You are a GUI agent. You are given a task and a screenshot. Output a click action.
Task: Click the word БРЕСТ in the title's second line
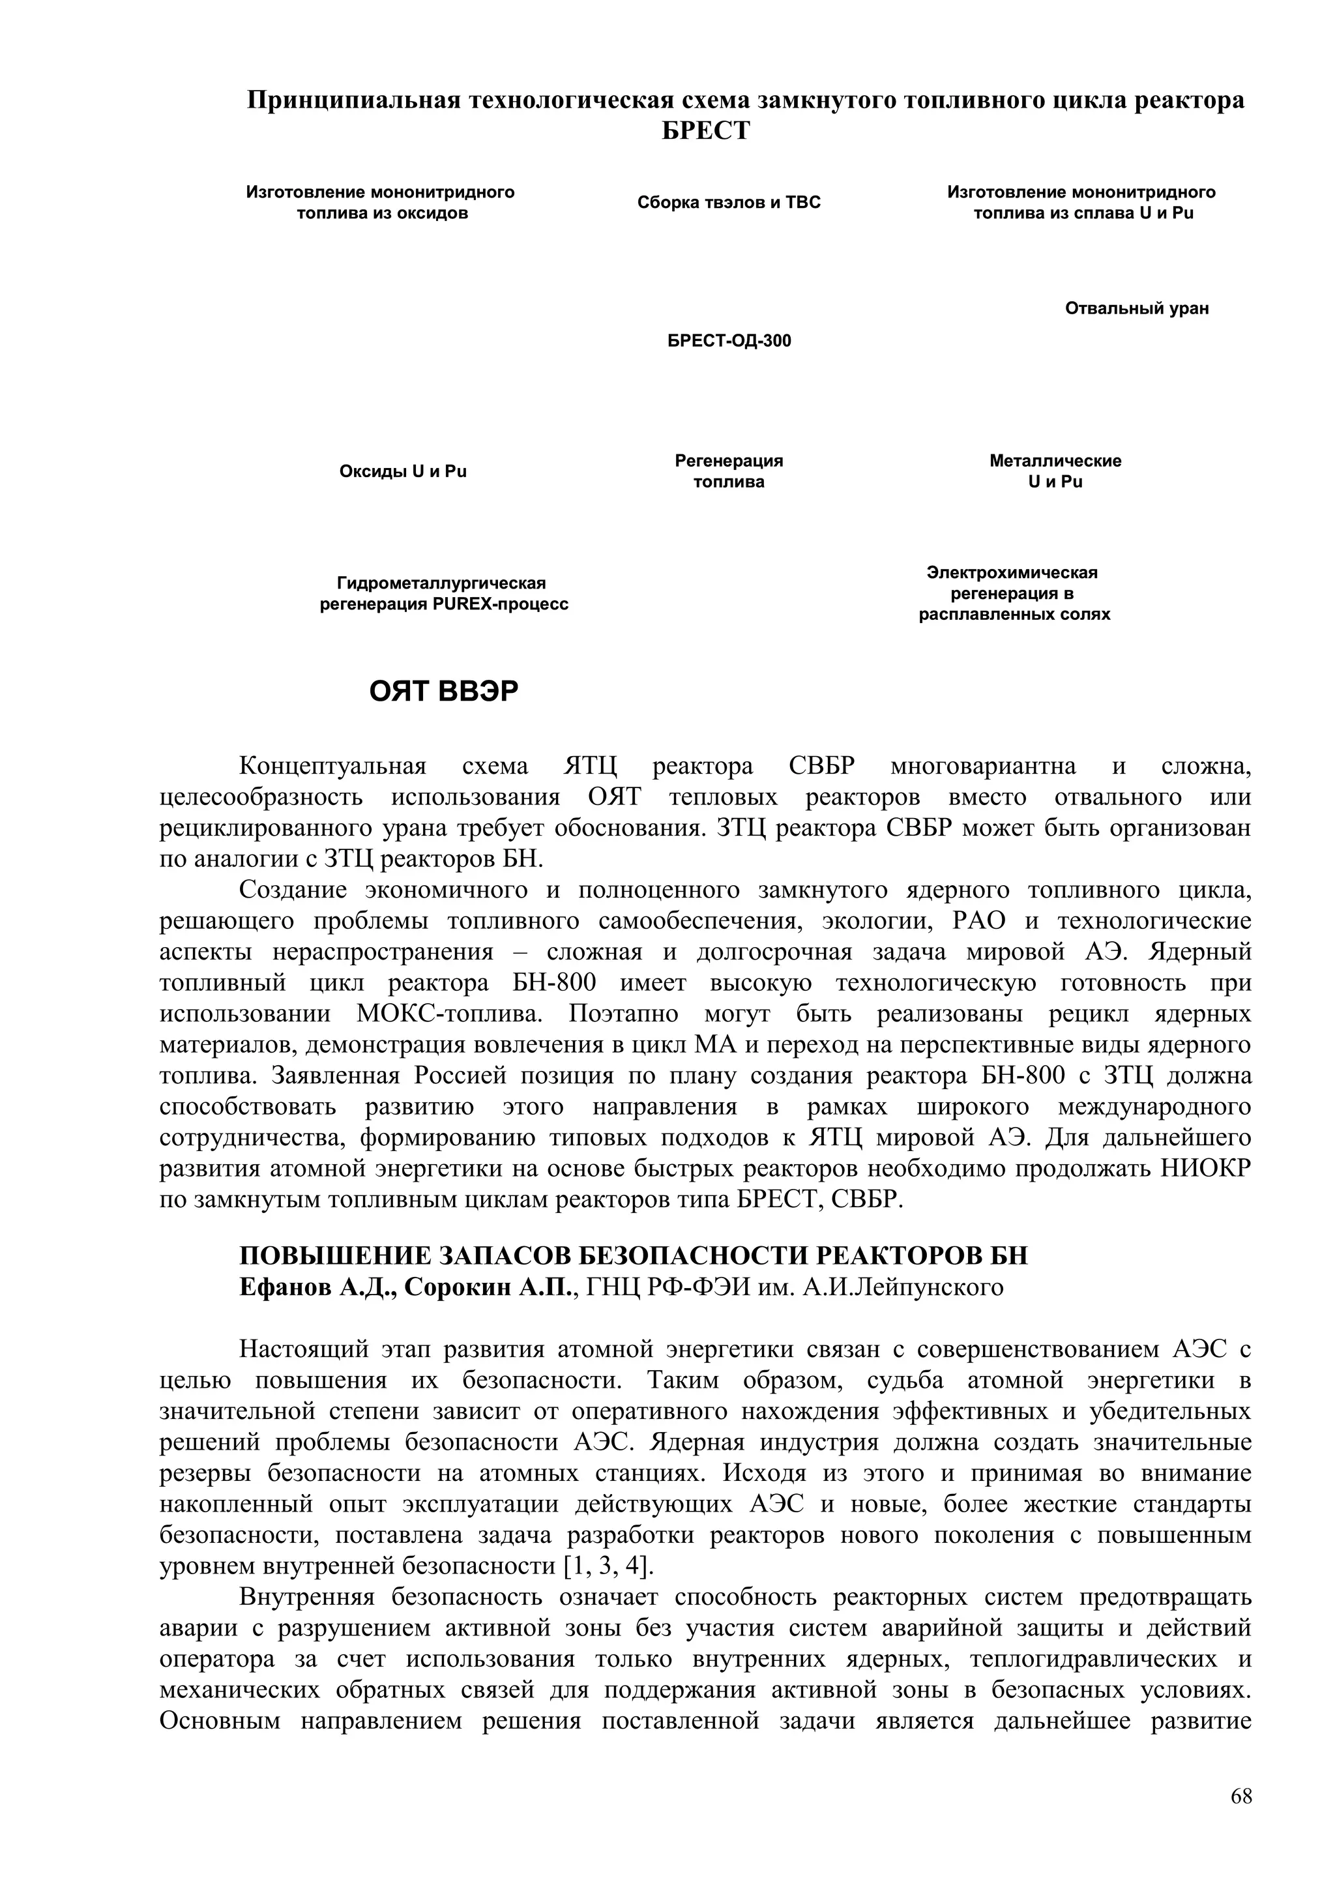[x=706, y=131]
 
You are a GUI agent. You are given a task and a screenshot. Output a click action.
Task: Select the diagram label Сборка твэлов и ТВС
[x=728, y=202]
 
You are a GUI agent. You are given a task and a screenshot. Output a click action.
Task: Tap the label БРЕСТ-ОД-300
[x=728, y=341]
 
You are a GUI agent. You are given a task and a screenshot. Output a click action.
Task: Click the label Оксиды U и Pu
[x=402, y=471]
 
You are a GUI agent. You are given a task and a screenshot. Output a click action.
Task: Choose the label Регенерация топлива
[x=728, y=471]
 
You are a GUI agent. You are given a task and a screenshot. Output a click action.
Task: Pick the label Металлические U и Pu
[x=1055, y=471]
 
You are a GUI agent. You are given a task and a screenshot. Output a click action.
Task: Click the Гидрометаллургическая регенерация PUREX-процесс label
[x=443, y=593]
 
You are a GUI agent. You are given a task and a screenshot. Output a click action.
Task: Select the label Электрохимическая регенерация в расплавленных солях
[x=1014, y=593]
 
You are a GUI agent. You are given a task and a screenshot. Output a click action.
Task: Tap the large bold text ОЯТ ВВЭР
[x=443, y=692]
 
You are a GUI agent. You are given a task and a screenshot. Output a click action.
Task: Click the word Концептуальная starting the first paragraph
[x=332, y=766]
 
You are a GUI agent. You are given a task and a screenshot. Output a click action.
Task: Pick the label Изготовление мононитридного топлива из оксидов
[x=380, y=202]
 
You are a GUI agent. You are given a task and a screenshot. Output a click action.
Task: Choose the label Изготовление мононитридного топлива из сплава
[x=1081, y=202]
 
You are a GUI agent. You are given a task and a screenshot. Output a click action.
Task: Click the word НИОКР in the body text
[x=1206, y=1168]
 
